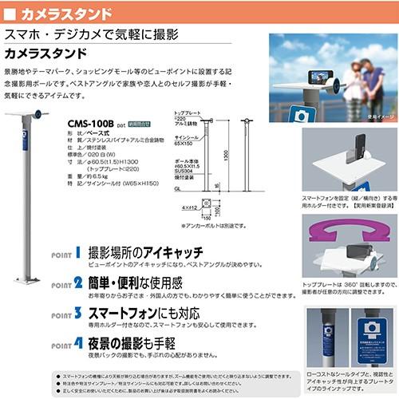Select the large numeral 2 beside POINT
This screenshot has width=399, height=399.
(x=77, y=282)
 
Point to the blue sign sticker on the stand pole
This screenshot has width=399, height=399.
(x=26, y=152)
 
